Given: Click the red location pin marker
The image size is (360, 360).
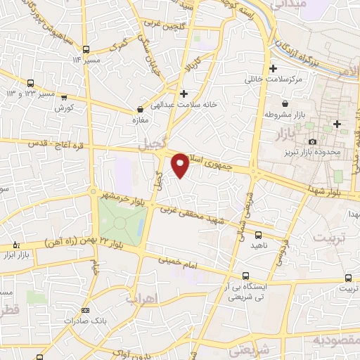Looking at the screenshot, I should coord(181,165).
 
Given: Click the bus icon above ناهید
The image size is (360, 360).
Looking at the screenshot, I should coord(259,235).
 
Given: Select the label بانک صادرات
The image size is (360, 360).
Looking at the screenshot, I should coord(85,320).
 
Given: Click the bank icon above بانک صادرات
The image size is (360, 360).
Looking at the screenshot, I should coord(85,309).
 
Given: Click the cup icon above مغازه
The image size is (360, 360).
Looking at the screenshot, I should coord(140,109).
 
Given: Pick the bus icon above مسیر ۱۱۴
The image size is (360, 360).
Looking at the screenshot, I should coord(85,49).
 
